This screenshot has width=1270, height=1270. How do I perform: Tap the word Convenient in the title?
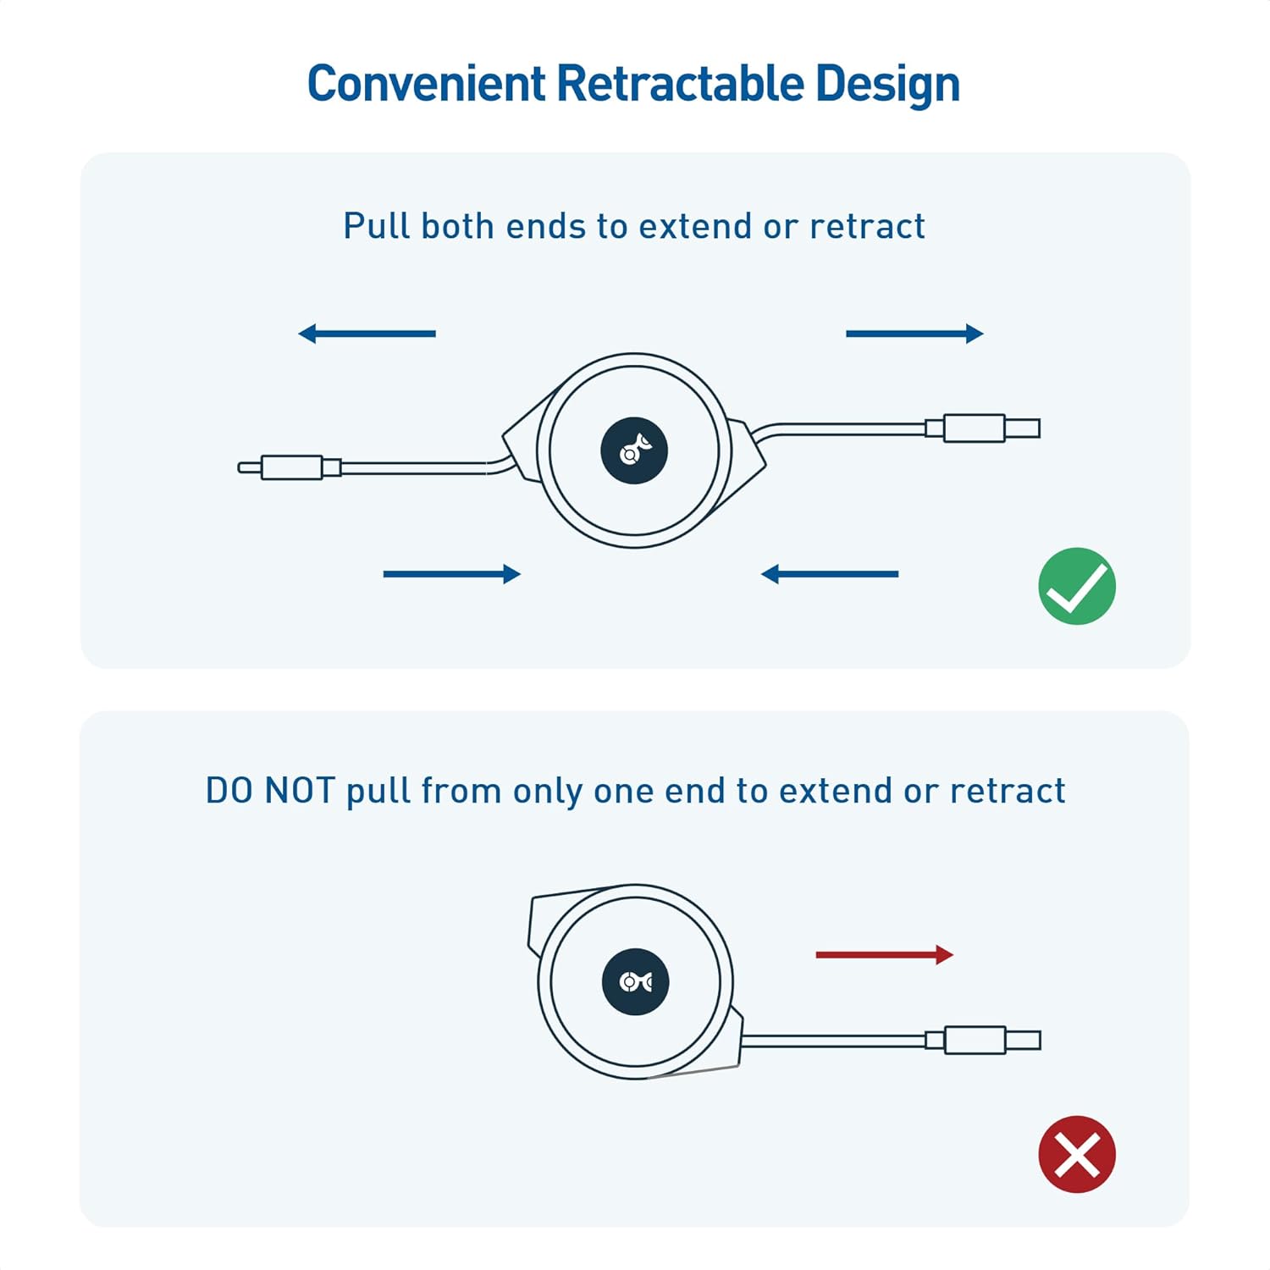coord(426,84)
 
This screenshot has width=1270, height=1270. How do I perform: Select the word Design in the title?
coord(887,84)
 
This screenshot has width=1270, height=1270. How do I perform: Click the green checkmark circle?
coord(1077,586)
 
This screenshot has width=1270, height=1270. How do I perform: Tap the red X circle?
coord(1077,1154)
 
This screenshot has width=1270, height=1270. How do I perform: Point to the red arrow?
coord(884,955)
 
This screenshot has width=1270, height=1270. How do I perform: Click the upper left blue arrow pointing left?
coord(367,334)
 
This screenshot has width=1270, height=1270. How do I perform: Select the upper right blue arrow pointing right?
coord(914,334)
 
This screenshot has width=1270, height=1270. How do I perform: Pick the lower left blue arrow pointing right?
coord(451,574)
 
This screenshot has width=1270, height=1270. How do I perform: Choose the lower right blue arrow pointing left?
coord(830,574)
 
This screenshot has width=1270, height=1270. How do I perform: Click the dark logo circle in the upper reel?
coord(634,450)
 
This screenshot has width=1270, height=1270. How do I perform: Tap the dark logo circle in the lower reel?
coord(635,981)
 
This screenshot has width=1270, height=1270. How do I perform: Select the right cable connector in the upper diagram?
coord(982,428)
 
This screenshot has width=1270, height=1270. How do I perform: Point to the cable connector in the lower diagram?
coord(982,1040)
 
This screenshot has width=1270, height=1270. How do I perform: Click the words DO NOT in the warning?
coord(270,791)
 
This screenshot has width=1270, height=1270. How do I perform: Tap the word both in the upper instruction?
coord(457,226)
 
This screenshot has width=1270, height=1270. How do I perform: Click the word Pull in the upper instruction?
coord(376,226)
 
